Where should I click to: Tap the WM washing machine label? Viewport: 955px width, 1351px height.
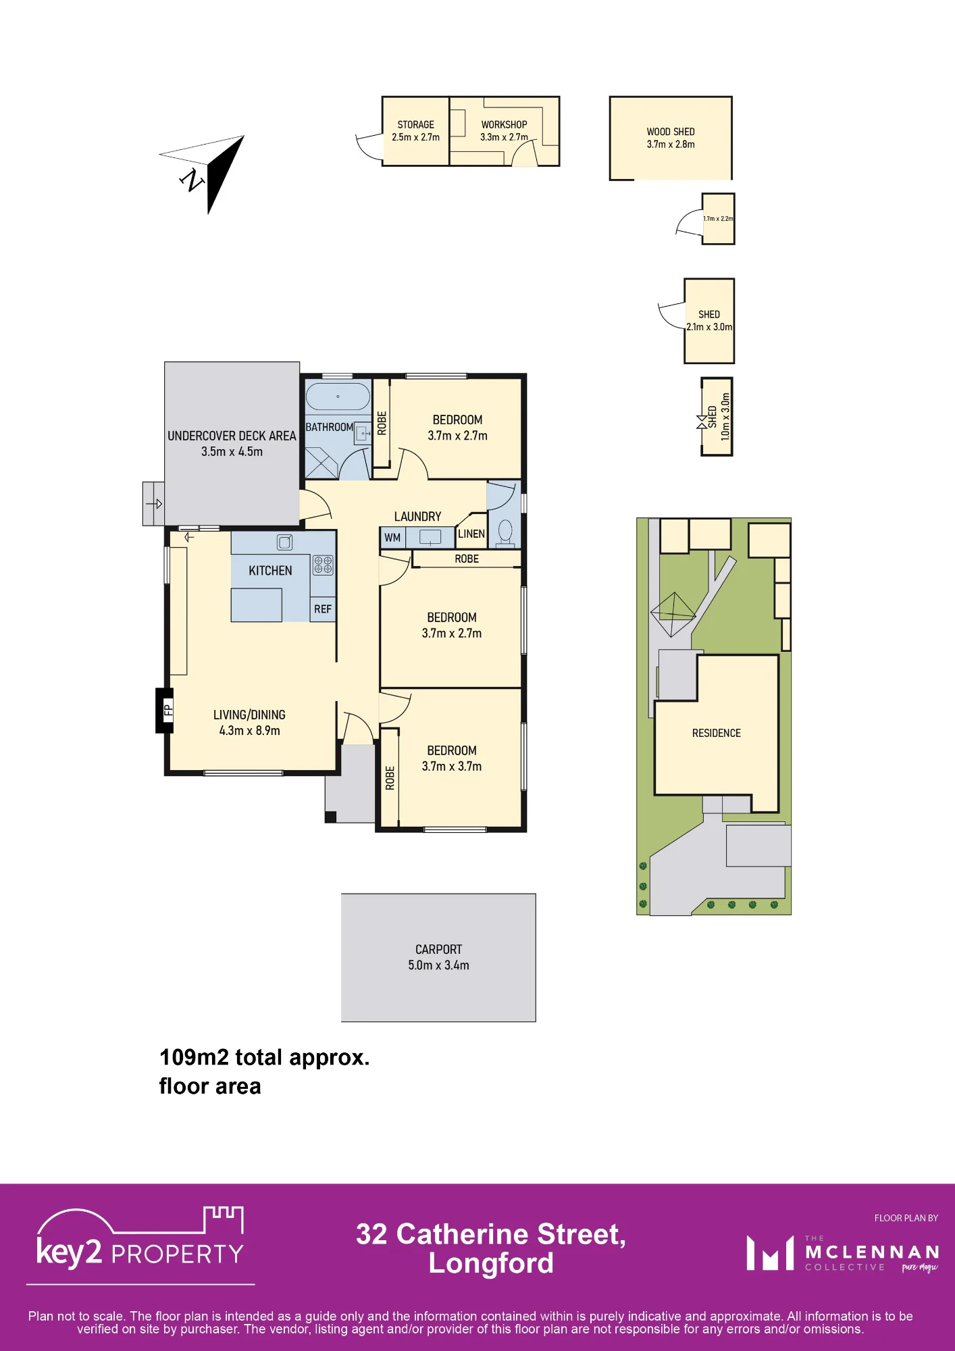[392, 538]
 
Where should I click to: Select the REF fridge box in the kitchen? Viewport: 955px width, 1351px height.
[323, 609]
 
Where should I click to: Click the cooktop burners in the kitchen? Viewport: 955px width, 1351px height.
[323, 565]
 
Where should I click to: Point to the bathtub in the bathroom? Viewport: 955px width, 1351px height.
[338, 397]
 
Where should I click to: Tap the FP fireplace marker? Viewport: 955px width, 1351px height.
[165, 710]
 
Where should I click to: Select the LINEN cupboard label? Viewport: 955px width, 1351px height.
[471, 534]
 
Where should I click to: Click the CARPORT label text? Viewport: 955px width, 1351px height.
[439, 950]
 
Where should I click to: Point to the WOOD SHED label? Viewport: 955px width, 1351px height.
[671, 132]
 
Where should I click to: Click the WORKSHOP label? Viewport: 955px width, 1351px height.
[504, 125]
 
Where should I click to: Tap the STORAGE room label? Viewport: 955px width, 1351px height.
[416, 125]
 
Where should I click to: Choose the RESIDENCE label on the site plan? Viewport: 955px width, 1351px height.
[717, 733]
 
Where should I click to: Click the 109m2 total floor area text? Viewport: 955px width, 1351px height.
[265, 1071]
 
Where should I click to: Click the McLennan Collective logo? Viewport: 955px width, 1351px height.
[843, 1254]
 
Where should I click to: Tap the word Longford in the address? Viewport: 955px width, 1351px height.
[491, 1263]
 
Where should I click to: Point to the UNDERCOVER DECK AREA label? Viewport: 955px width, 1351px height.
[232, 436]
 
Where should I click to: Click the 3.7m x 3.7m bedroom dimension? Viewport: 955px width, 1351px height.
[452, 767]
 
